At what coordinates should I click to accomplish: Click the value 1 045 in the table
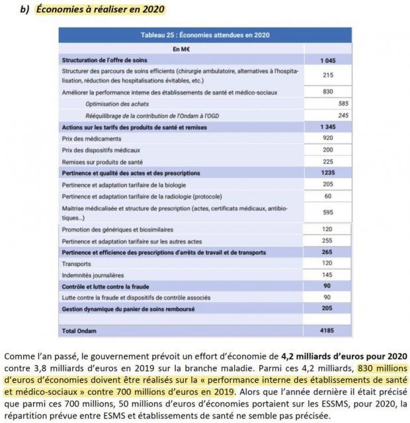[328, 60]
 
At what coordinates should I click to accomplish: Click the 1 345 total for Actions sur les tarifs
[328, 126]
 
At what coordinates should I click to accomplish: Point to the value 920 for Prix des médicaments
[328, 138]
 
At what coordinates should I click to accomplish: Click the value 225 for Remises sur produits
[328, 161]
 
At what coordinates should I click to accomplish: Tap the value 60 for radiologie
[328, 196]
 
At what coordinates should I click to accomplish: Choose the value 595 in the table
[328, 212]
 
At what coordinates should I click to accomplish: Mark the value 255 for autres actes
[328, 241]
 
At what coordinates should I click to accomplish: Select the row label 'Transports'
[76, 263]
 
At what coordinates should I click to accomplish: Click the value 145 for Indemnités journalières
[328, 275]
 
